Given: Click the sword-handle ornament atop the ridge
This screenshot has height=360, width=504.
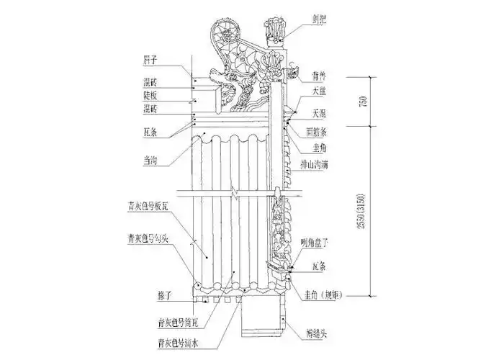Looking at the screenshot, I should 276,29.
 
